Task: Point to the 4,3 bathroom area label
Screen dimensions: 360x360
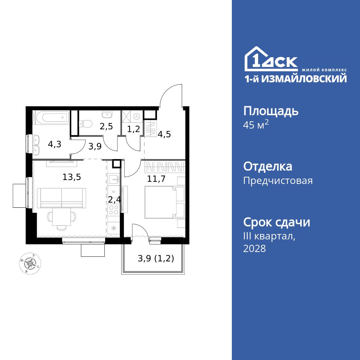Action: [x=54, y=144]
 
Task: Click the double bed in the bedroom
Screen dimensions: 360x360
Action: [x=161, y=202]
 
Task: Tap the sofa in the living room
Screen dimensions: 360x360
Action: [x=62, y=198]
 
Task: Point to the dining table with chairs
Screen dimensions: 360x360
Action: [x=62, y=218]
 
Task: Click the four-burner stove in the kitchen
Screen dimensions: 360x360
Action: [x=114, y=209]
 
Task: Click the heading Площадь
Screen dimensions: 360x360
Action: [x=271, y=111]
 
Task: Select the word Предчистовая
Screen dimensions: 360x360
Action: [x=278, y=181]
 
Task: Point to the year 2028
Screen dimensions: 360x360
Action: [x=255, y=248]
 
